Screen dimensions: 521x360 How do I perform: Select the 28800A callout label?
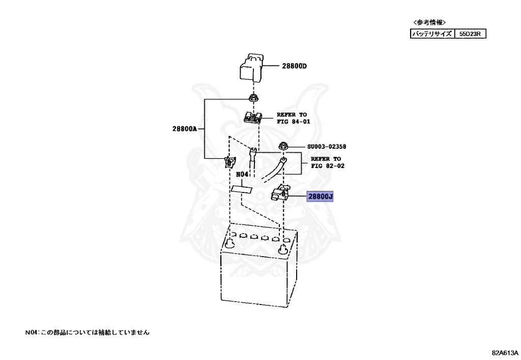pyautogui.click(x=184, y=129)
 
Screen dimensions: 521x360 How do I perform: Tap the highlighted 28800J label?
pyautogui.click(x=320, y=196)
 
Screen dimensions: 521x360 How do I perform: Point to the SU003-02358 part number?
pyautogui.click(x=326, y=147)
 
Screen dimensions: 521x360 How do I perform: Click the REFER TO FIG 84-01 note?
pyautogui.click(x=293, y=119)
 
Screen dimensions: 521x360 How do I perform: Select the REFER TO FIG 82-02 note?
pyautogui.click(x=327, y=162)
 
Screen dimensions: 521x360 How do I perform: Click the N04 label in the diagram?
pyautogui.click(x=242, y=174)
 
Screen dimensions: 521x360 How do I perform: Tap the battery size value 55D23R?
pyautogui.click(x=470, y=34)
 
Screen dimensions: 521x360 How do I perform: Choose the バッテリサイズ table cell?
pyautogui.click(x=431, y=34)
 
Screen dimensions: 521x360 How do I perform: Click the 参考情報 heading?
pyautogui.click(x=430, y=22)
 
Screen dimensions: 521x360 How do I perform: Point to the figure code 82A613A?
pyautogui.click(x=504, y=352)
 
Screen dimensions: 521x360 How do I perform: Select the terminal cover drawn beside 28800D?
pyautogui.click(x=251, y=67)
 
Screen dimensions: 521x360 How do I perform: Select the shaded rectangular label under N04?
pyautogui.click(x=242, y=189)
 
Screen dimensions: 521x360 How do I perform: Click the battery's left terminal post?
pyautogui.click(x=230, y=244)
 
